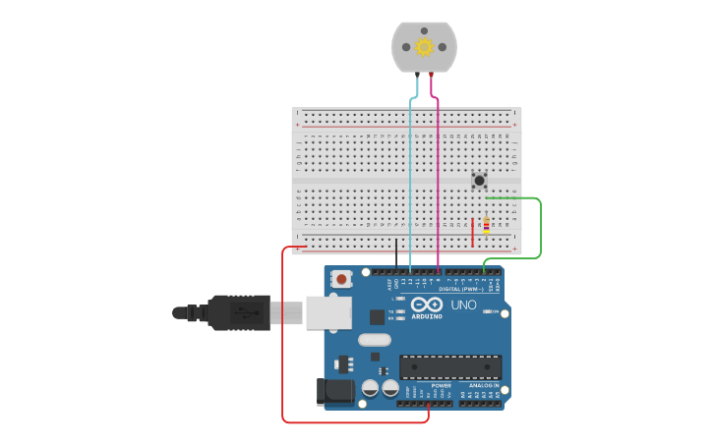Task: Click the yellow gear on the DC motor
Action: (424, 46)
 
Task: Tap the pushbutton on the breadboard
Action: (479, 180)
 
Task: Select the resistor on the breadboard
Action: (486, 225)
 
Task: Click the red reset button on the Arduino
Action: (341, 279)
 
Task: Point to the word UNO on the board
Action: (463, 305)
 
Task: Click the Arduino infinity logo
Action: (427, 305)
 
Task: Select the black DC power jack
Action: (334, 391)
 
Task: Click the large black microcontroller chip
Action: (450, 367)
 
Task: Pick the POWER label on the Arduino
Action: (441, 385)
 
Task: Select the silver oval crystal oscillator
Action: (374, 340)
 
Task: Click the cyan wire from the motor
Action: (410, 177)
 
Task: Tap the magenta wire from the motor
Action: (438, 177)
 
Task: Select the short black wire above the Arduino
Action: (396, 252)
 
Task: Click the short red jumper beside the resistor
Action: (472, 232)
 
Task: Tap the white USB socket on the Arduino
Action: (327, 312)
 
